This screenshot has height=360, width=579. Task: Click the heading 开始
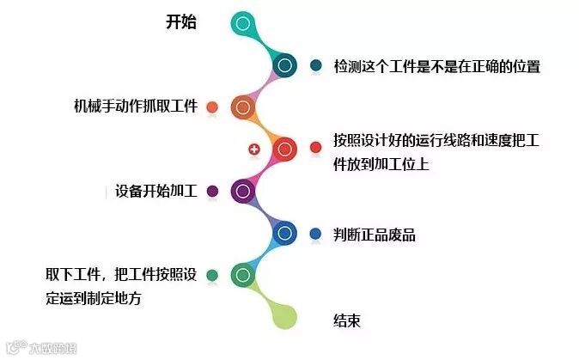[x=180, y=23]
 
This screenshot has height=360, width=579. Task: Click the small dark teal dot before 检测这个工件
[x=315, y=65]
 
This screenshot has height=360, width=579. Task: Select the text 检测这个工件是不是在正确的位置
[x=436, y=66]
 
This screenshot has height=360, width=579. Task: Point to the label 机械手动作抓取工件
[x=136, y=107]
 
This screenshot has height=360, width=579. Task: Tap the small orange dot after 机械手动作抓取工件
[x=212, y=107]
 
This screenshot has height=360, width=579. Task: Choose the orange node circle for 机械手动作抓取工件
[x=243, y=107]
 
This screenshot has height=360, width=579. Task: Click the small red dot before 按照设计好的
[x=315, y=149]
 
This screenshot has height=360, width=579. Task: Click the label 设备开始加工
[x=156, y=191]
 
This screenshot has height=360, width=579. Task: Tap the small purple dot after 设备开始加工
[x=212, y=191]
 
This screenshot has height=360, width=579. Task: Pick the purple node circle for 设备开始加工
[x=243, y=191]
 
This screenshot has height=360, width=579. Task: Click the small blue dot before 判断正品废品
[x=315, y=233]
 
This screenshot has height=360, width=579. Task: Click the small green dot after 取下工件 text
[x=212, y=275]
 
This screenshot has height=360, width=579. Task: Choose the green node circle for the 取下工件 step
[x=243, y=275]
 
